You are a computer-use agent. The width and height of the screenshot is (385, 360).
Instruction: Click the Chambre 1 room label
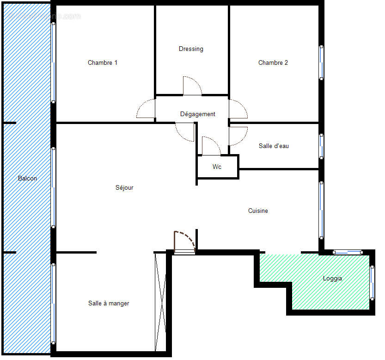click(102, 62)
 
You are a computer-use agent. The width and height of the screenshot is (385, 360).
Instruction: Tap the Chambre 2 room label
click(273, 62)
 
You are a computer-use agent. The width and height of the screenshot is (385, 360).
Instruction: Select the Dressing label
click(191, 49)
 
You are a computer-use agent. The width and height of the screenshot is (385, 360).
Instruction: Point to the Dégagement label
click(198, 114)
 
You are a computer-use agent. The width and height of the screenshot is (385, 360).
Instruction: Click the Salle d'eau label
click(274, 146)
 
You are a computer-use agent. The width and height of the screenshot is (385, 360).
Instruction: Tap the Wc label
click(217, 167)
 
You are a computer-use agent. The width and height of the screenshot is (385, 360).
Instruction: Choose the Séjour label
click(124, 187)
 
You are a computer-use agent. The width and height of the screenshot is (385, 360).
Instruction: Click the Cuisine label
click(258, 211)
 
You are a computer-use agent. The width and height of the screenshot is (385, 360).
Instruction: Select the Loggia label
click(332, 279)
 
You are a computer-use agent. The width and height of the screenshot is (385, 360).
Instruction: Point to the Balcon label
click(27, 178)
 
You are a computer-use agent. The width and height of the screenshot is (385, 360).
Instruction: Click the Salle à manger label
click(109, 303)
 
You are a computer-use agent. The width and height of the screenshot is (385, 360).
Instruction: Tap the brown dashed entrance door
click(184, 241)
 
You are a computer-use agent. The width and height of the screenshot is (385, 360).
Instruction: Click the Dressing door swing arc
click(192, 86)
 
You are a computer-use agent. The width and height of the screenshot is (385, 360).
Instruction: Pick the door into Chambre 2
click(238, 109)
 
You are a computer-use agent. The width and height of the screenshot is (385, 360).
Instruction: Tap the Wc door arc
click(211, 146)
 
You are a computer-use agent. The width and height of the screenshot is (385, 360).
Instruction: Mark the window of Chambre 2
click(321, 62)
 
